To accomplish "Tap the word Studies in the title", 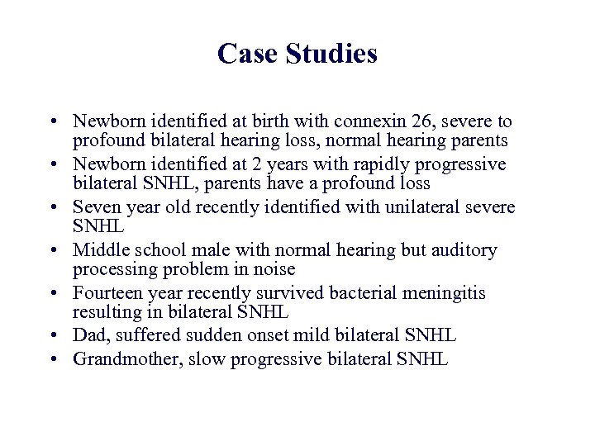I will coord(331,54).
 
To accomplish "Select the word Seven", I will coord(98,206).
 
